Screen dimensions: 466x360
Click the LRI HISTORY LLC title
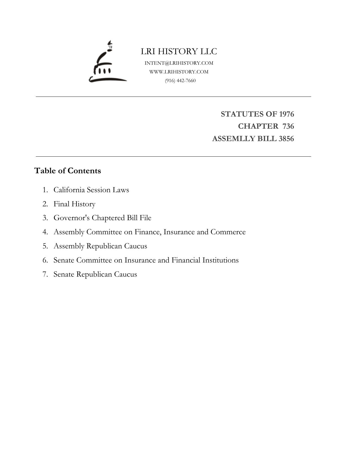pyautogui.click(x=179, y=51)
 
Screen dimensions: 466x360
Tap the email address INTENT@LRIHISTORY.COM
pyautogui.click(x=179, y=63)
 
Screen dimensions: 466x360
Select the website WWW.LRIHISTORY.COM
pyautogui.click(x=179, y=72)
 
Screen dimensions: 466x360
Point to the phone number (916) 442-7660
pyautogui.click(x=180, y=80)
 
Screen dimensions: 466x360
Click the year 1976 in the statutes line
pyautogui.click(x=286, y=114)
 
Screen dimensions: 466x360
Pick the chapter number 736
pyautogui.click(x=288, y=126)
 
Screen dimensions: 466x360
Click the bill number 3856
pyautogui.click(x=286, y=139)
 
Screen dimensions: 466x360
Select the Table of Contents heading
pyautogui.click(x=67, y=171)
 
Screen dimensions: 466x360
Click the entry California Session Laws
pyautogui.click(x=91, y=190)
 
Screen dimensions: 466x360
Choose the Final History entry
pyautogui.click(x=74, y=204)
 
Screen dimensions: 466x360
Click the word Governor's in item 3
pyautogui.click(x=72, y=218)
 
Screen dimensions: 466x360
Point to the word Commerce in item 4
pyautogui.click(x=228, y=232)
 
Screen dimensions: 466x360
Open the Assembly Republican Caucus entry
pyautogui.click(x=100, y=246)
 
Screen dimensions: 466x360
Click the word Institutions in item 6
pyautogui.click(x=220, y=260)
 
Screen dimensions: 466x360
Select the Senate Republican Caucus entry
pyautogui.click(x=95, y=274)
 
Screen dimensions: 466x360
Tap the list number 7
pyautogui.click(x=45, y=274)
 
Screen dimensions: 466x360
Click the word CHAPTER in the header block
pyautogui.click(x=258, y=126)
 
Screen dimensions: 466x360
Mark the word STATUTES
pyautogui.click(x=242, y=114)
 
